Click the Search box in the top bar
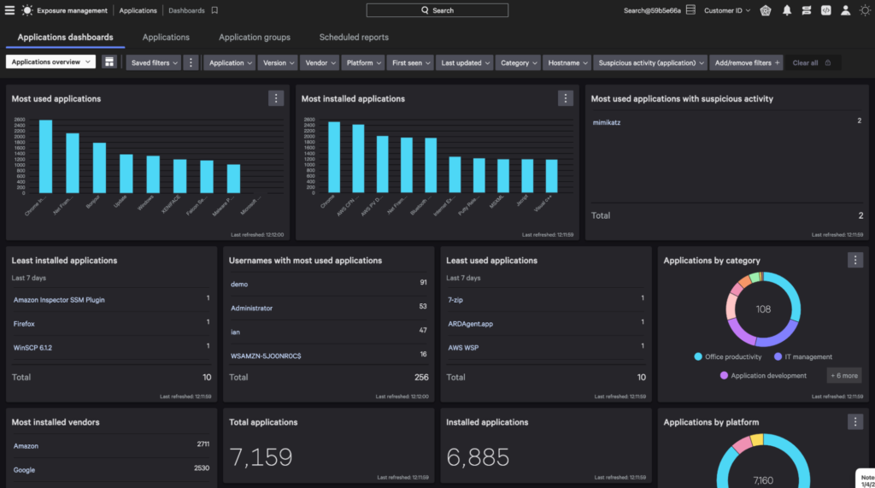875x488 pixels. [x=437, y=10]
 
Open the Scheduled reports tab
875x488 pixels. [x=354, y=38]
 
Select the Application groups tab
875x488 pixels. [x=254, y=38]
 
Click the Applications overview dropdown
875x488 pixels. [x=50, y=62]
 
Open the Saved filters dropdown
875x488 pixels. [x=154, y=62]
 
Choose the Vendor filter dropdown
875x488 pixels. [x=320, y=62]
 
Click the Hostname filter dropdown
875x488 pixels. [x=567, y=62]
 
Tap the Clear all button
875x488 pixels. [x=811, y=62]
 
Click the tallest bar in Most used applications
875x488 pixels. [x=45, y=156]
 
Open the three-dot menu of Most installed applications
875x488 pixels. [x=566, y=98]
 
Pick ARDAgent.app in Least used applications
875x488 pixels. [x=470, y=323]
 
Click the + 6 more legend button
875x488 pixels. [x=843, y=375]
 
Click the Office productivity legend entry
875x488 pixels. [x=733, y=356]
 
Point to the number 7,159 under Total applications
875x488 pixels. [x=261, y=457]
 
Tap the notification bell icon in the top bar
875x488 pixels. [x=786, y=10]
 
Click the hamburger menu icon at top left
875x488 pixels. [x=9, y=10]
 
